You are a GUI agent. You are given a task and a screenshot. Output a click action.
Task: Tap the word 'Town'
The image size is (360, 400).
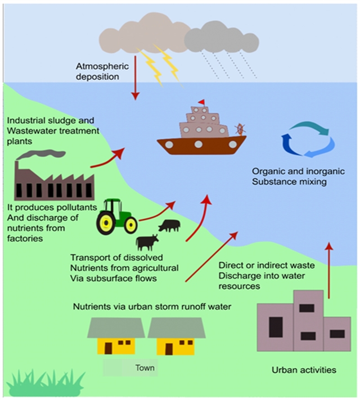click(x=145, y=369)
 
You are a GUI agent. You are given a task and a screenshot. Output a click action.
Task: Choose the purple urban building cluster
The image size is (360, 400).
click(x=303, y=322)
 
